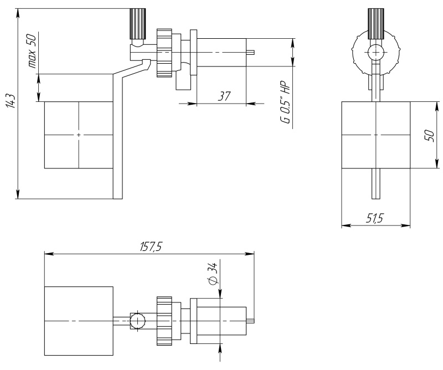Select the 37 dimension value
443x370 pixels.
tap(224, 96)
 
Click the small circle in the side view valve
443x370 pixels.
tap(376, 53)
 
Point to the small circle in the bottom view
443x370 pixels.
tap(137, 321)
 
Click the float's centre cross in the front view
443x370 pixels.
tap(79, 135)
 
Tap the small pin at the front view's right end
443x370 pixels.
tap(250, 53)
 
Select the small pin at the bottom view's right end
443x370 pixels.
tap(250, 321)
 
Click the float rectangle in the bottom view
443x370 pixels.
tap(79, 321)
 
